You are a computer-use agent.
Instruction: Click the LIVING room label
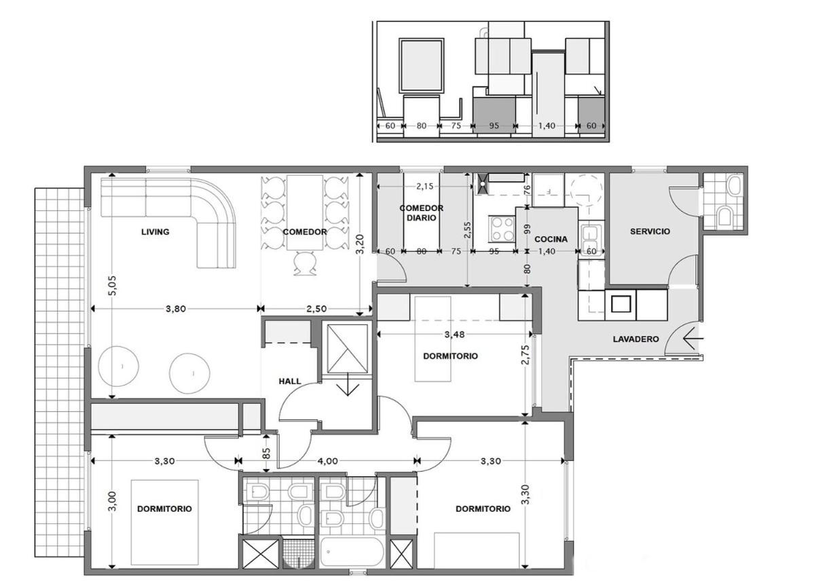click(x=155, y=231)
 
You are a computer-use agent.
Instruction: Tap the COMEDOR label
click(x=305, y=232)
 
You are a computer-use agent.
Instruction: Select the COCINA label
click(x=551, y=240)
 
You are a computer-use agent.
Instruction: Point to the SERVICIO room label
click(x=650, y=231)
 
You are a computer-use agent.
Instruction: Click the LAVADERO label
click(x=636, y=339)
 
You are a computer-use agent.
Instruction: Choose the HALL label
click(x=290, y=381)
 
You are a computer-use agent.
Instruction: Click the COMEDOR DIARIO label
click(x=422, y=213)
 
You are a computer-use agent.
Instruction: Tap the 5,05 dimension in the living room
click(x=113, y=285)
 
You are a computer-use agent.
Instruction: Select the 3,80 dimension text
click(x=175, y=308)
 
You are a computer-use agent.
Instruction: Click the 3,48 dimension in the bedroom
click(x=455, y=335)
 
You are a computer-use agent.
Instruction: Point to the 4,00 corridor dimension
click(x=328, y=460)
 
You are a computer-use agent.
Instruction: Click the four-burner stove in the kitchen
click(x=501, y=229)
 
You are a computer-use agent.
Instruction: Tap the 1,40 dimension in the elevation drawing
click(x=546, y=125)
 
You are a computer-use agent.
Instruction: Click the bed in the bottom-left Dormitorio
click(x=165, y=523)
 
